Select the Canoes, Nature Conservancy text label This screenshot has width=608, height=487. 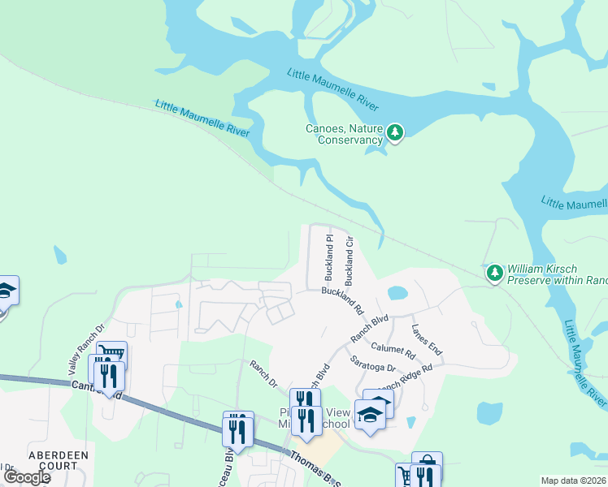click(x=344, y=134)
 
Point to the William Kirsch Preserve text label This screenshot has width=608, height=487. click(x=557, y=274)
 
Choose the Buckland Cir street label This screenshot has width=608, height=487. click(x=350, y=260)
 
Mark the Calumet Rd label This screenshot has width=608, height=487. click(x=393, y=350)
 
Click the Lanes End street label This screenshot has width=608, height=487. click(x=427, y=339)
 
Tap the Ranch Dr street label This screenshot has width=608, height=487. click(x=263, y=374)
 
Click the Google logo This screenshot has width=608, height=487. click(x=26, y=477)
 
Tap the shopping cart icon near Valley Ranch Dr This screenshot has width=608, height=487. click(x=111, y=354)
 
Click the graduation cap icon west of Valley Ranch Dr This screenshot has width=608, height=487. click(x=5, y=290)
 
